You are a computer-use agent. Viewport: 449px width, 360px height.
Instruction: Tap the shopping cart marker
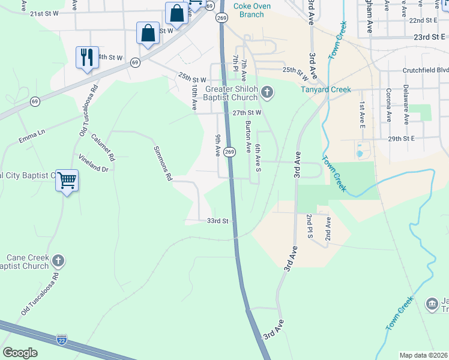pyautogui.click(x=67, y=179)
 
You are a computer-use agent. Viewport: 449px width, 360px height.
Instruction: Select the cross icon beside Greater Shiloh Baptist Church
pyautogui.click(x=268, y=92)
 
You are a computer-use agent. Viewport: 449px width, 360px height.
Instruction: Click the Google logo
pyautogui.click(x=20, y=353)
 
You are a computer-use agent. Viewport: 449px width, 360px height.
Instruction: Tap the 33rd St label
pyautogui.click(x=218, y=221)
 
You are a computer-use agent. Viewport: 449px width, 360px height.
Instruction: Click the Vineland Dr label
pyautogui.click(x=94, y=163)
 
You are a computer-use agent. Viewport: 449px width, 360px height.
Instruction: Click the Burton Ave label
pyautogui.click(x=248, y=137)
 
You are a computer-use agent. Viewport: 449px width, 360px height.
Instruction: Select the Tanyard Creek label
pyautogui.click(x=325, y=90)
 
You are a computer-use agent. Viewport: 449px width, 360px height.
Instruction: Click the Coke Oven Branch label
pyautogui.click(x=248, y=10)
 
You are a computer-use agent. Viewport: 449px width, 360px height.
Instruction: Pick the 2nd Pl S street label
pyautogui.click(x=309, y=229)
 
